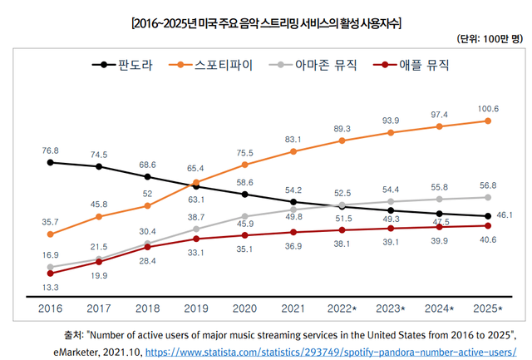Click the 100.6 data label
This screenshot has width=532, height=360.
pos(488,109)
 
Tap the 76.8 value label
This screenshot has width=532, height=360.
pos(50,150)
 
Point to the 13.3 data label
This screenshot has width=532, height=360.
pos(50,287)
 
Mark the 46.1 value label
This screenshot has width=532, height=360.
pos(505,215)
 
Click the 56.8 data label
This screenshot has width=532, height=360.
pos(488,185)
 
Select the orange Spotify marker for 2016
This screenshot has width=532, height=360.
pos(50,234)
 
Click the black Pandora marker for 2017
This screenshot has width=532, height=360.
pos(99,166)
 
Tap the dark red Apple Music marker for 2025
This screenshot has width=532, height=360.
pos(488,225)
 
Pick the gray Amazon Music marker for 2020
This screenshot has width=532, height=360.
pos(244,215)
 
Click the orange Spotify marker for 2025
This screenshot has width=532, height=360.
pos(488,121)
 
